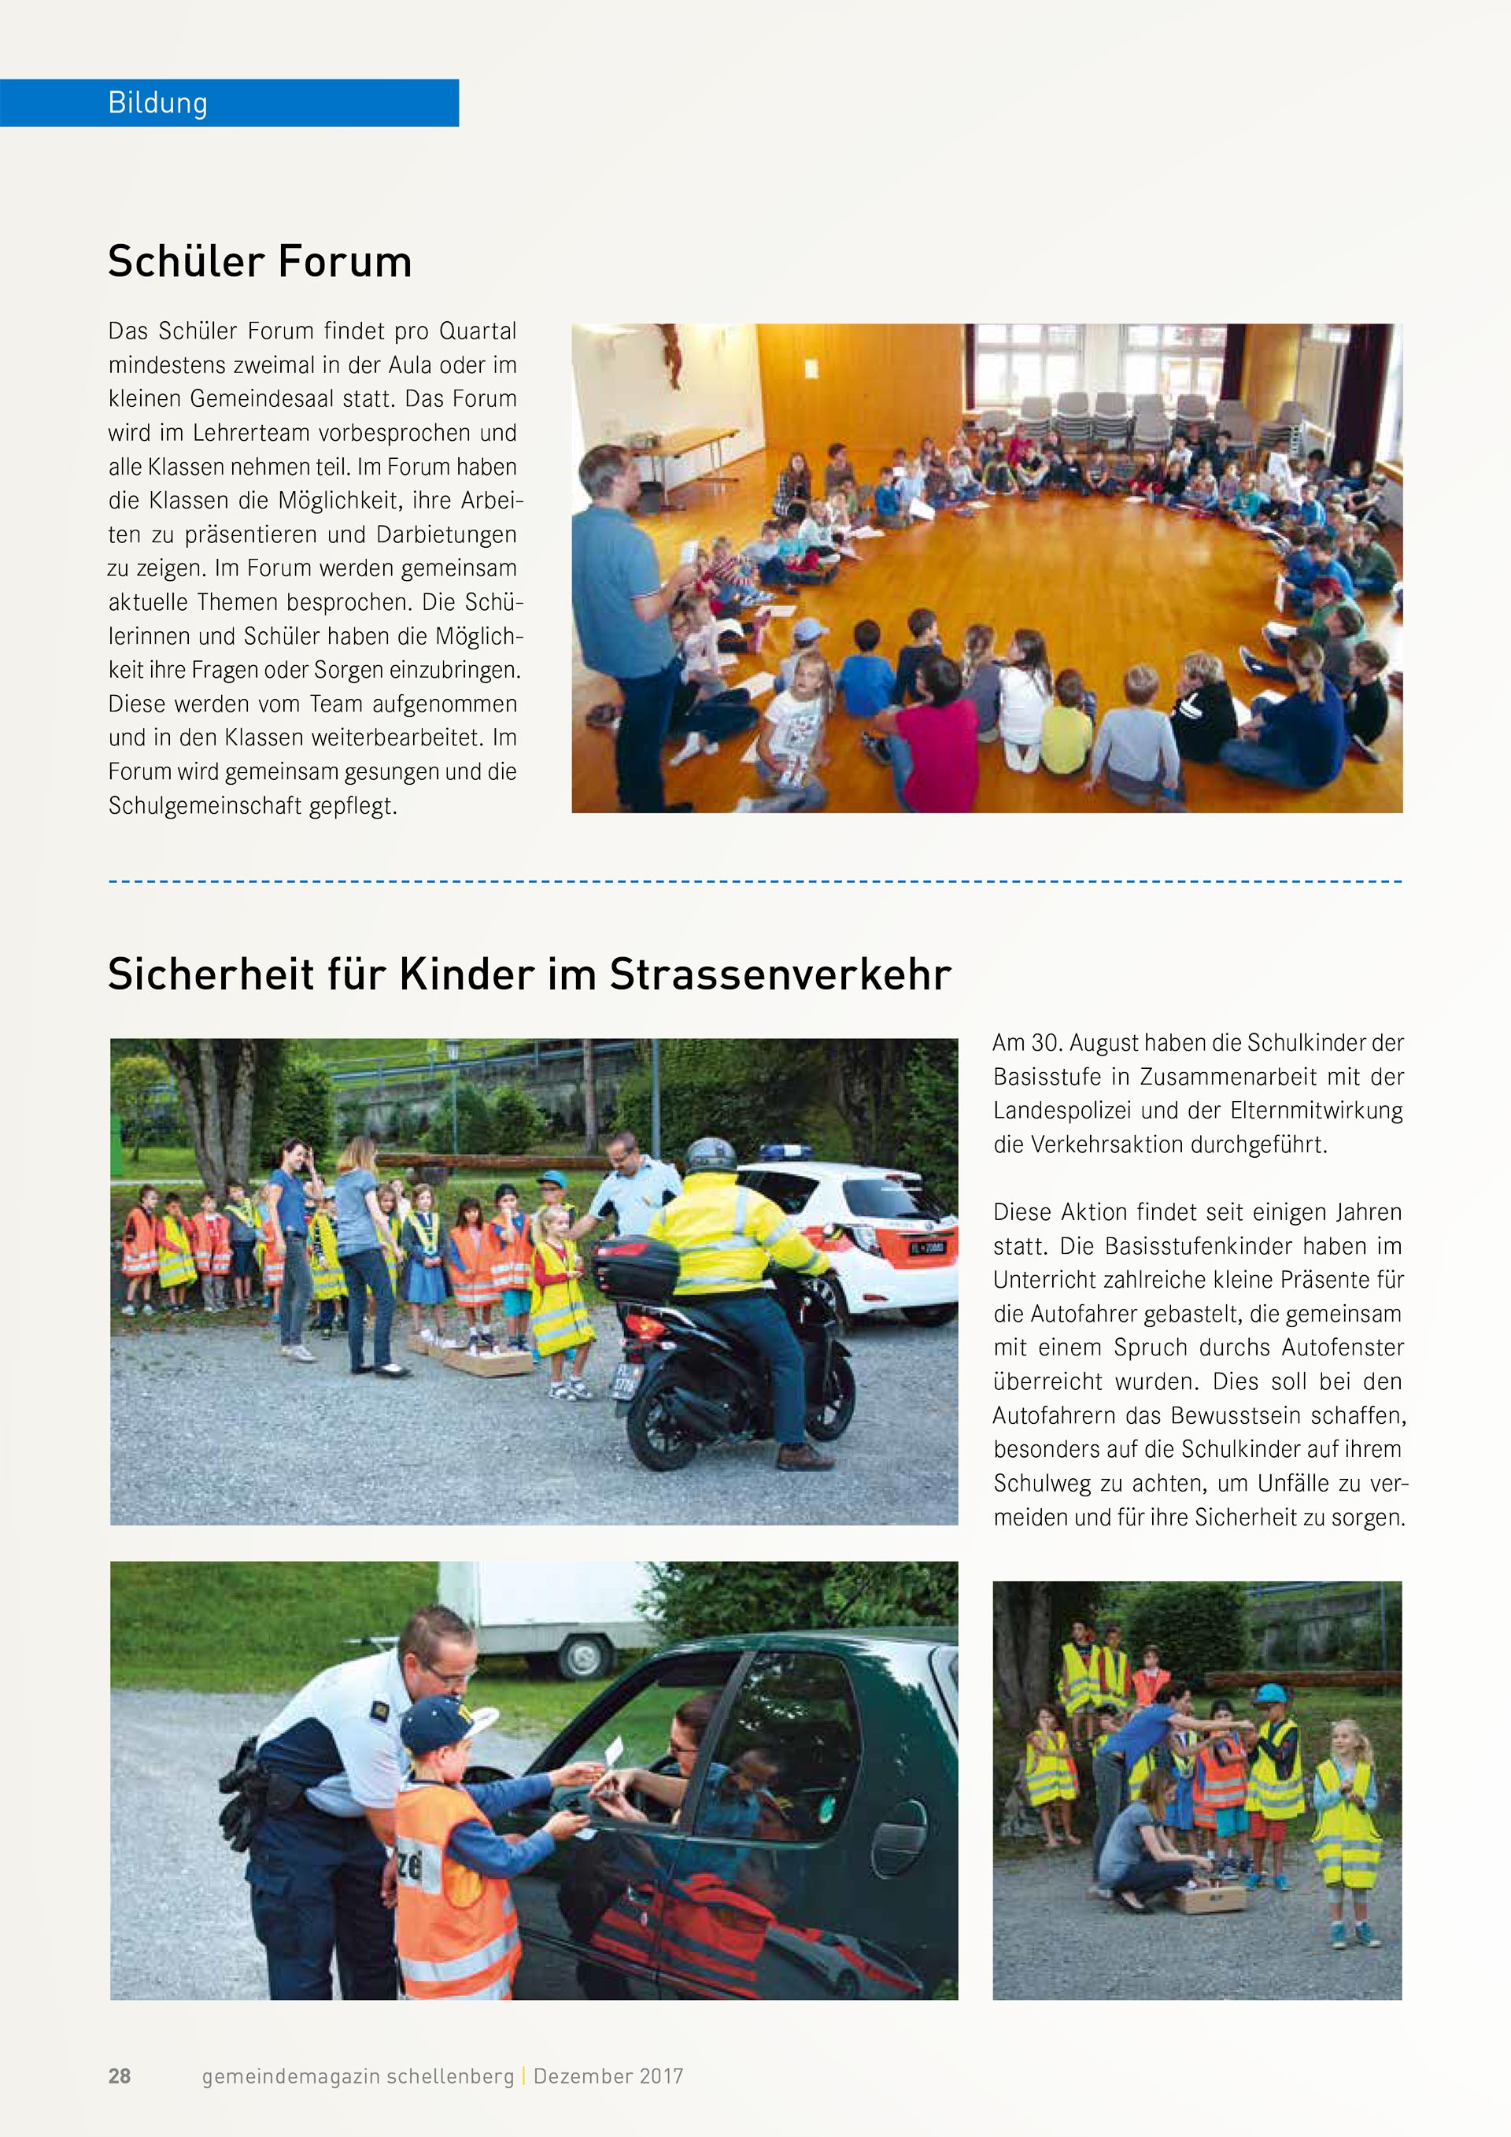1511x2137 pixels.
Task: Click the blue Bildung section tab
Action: (229, 102)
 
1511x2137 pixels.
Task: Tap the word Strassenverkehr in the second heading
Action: (780, 974)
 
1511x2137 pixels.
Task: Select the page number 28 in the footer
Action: (120, 2076)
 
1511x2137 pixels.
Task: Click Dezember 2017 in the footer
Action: (608, 2076)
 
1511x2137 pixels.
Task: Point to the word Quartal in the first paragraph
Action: (478, 331)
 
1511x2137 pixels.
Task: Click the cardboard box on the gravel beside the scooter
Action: (489, 1363)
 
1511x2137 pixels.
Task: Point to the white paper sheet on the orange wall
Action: (812, 371)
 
